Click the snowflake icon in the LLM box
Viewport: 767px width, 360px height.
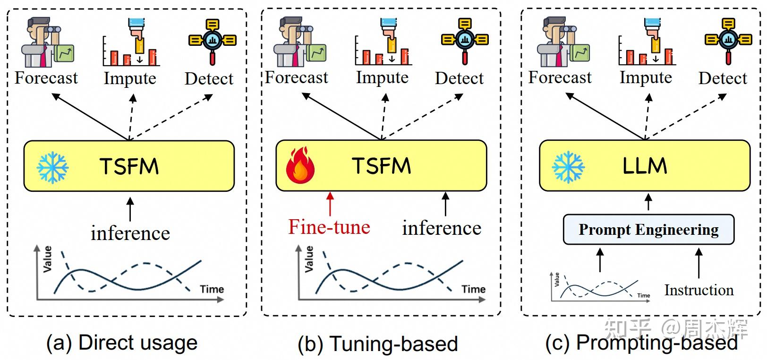(568, 167)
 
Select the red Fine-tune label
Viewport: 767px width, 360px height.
(329, 227)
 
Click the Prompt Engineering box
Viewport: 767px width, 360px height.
(648, 230)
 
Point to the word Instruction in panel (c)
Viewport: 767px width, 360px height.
(699, 290)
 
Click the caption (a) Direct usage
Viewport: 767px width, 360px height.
(121, 343)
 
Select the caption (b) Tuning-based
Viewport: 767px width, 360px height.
(377, 344)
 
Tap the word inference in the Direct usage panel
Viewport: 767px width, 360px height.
(130, 233)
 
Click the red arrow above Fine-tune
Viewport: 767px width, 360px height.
(330, 204)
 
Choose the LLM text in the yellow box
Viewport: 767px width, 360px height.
(644, 166)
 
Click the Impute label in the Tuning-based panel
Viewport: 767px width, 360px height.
(382, 77)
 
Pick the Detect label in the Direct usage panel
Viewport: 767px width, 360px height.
(208, 78)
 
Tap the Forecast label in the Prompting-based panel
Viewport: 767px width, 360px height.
(560, 77)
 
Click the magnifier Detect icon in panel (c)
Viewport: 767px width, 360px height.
(727, 41)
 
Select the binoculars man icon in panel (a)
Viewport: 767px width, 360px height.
(47, 43)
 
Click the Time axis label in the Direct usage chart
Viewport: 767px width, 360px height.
(211, 289)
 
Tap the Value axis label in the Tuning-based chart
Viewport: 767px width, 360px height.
(309, 259)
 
